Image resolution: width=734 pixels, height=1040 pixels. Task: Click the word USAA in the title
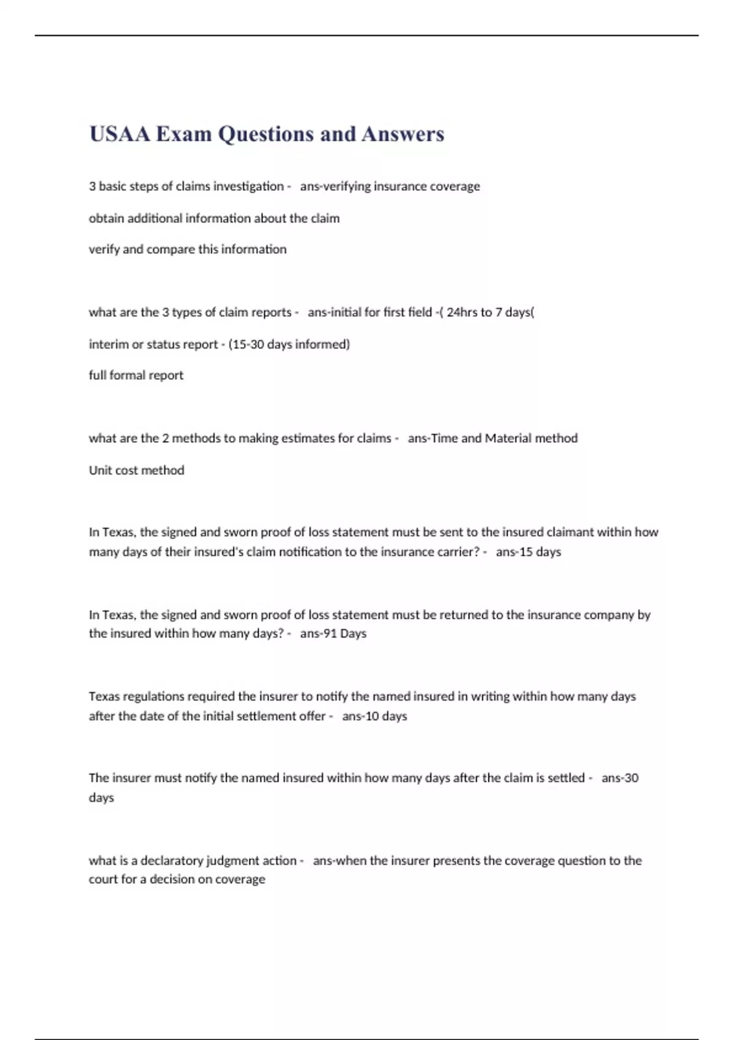point(120,134)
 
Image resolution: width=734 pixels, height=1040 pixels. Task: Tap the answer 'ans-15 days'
point(528,552)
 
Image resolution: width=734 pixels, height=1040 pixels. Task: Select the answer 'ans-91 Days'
point(333,634)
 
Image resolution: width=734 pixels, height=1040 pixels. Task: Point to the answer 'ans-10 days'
point(374,716)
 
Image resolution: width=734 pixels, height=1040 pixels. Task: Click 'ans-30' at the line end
point(620,778)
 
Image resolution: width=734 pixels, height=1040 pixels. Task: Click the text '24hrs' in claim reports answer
point(462,313)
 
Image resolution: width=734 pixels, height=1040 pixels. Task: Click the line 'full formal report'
point(136,376)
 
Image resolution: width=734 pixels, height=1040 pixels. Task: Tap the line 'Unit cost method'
point(136,470)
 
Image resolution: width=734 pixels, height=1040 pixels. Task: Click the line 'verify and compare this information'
point(187,250)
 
